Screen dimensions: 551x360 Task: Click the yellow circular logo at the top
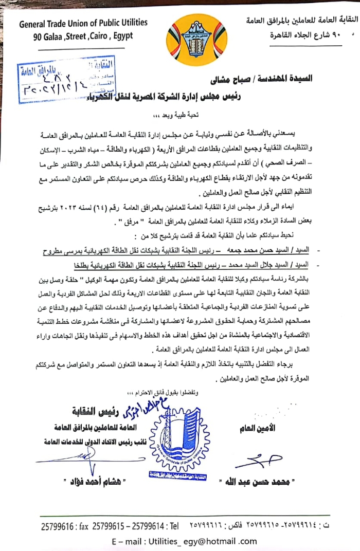click(x=197, y=36)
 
